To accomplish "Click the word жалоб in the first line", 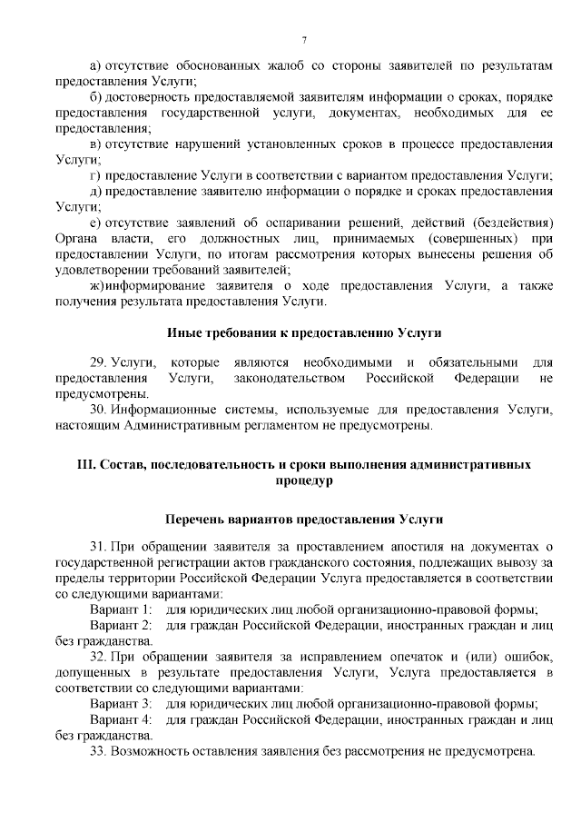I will click(x=277, y=65).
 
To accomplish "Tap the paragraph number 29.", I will click(x=98, y=363).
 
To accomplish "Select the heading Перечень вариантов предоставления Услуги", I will click(x=304, y=519).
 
